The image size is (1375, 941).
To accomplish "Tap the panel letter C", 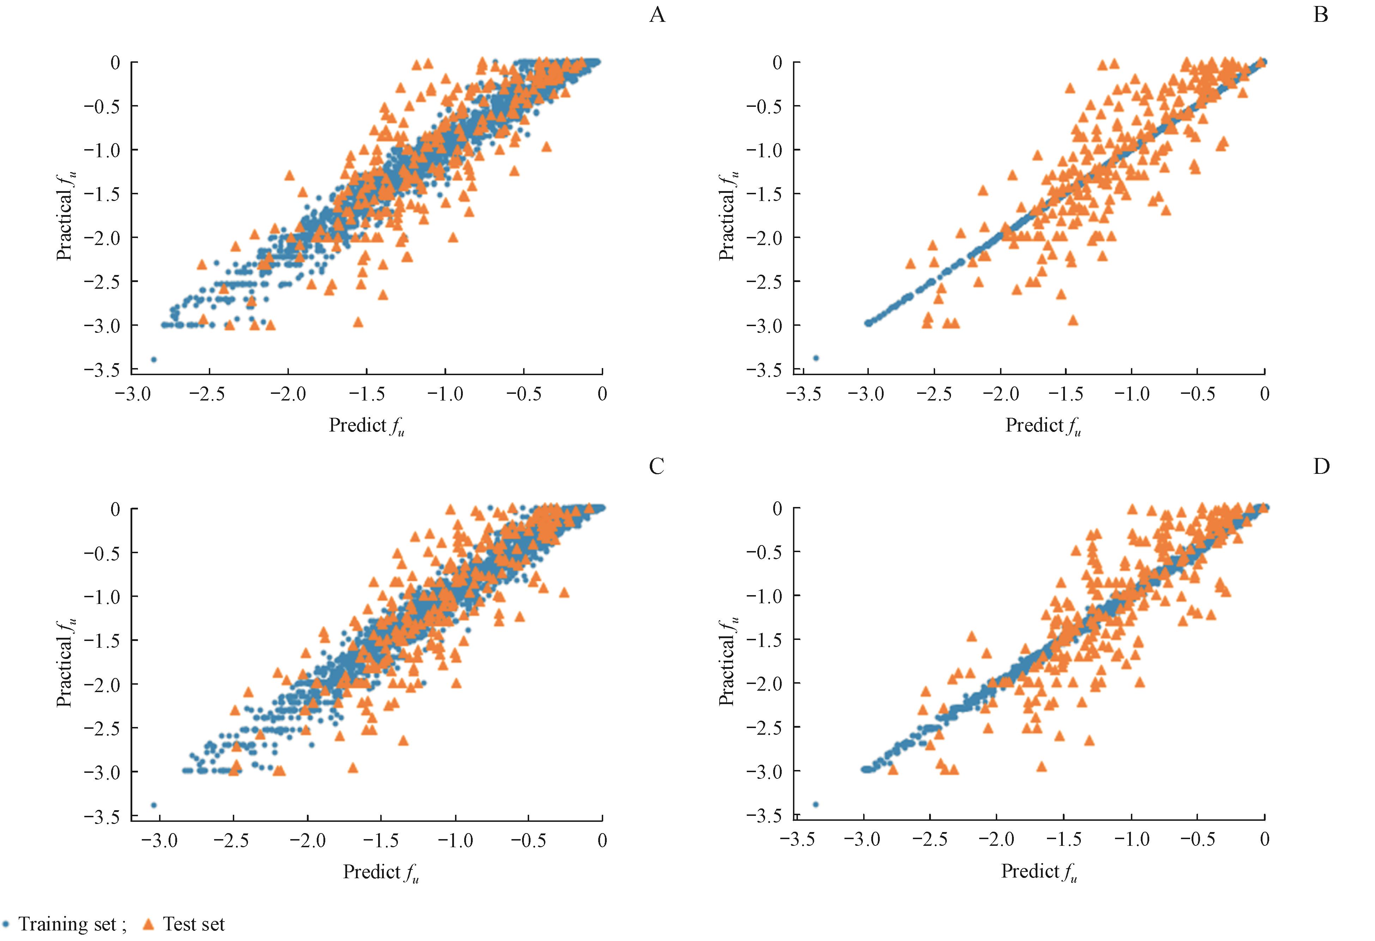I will click(657, 467).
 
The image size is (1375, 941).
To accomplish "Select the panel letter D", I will click(1321, 467).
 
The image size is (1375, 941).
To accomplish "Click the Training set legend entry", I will click(65, 924).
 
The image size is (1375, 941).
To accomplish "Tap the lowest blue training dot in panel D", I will click(815, 804).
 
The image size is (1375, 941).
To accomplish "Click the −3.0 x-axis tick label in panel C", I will click(160, 841).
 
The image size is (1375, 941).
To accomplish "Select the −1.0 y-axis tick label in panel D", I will click(764, 595).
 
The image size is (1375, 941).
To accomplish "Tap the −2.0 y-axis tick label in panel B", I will click(764, 238).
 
